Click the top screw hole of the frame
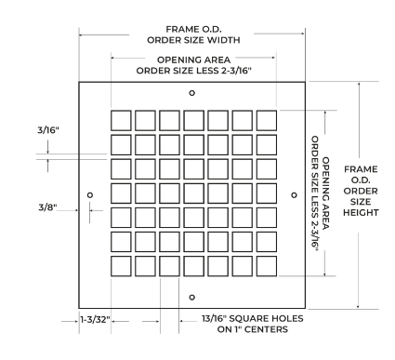(x=192, y=93)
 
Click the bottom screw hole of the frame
(x=192, y=298)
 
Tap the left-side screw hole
(x=90, y=195)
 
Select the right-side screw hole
(x=294, y=195)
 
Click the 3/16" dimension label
(x=48, y=130)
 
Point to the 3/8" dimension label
(x=47, y=207)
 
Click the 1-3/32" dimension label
(x=95, y=319)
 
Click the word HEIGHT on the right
(x=361, y=213)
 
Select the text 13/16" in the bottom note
(x=214, y=318)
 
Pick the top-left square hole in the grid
(x=121, y=120)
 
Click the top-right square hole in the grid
(x=267, y=120)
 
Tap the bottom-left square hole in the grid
(x=121, y=266)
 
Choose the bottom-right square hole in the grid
(x=267, y=266)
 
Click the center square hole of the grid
(x=194, y=193)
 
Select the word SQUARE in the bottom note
(x=249, y=318)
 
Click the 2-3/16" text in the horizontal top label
(x=236, y=71)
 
